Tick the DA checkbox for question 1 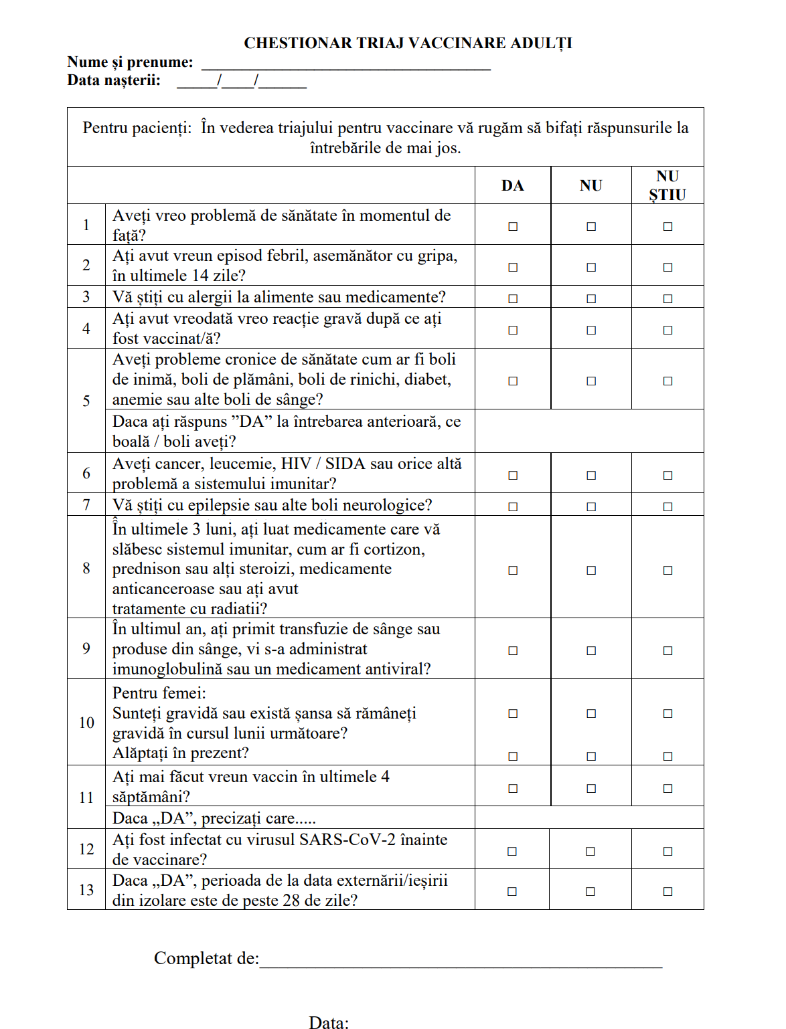point(513,227)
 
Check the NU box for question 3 point(591,299)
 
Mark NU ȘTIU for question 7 point(667,507)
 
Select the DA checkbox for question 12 point(512,852)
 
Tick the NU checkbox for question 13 point(591,892)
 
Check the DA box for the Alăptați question point(513,757)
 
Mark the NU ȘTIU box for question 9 point(667,651)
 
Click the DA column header point(513,186)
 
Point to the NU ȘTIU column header point(667,186)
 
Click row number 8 point(86,569)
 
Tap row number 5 point(86,401)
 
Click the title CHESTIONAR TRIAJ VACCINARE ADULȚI point(408,43)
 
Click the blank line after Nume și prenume point(346,64)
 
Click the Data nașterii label point(114,81)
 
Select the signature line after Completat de point(461,962)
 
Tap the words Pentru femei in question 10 point(159,694)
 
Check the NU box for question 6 point(591,476)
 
